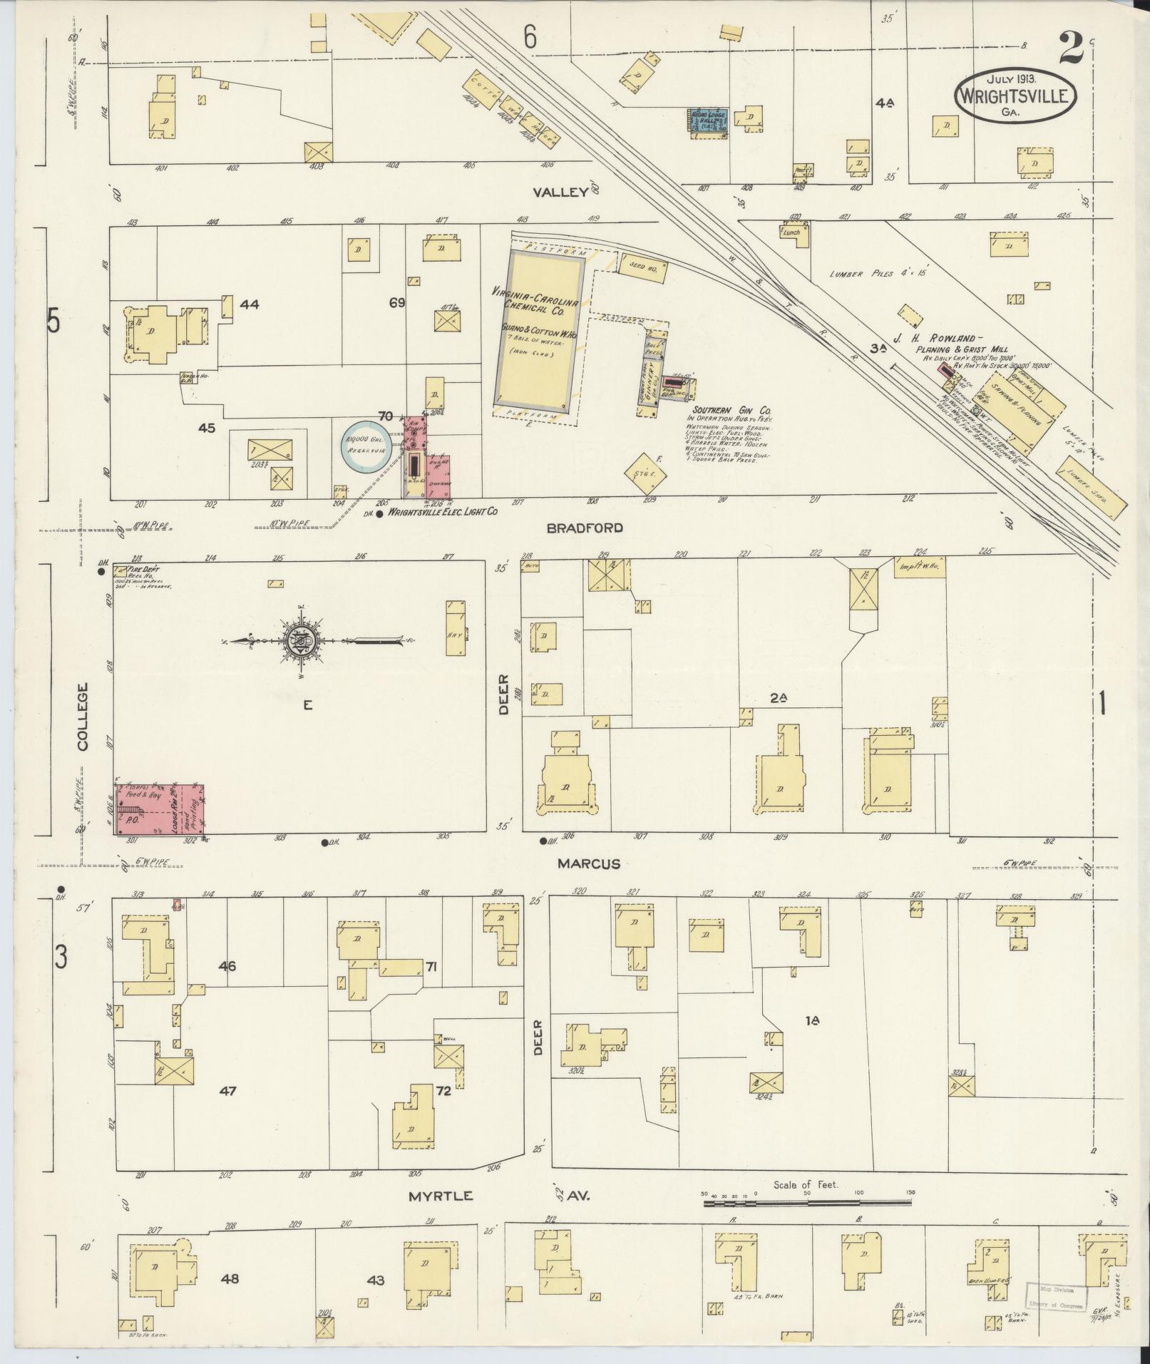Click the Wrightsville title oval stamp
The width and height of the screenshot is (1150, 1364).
pyautogui.click(x=1015, y=95)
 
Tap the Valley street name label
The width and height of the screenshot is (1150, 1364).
pyautogui.click(x=562, y=192)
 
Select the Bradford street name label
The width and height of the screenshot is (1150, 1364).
pyautogui.click(x=585, y=528)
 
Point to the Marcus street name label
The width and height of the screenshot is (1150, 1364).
pyautogui.click(x=588, y=863)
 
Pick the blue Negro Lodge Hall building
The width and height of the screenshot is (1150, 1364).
pyautogui.click(x=706, y=120)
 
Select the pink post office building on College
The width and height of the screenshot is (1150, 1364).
pyautogui.click(x=161, y=809)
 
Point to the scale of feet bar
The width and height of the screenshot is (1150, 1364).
pyautogui.click(x=807, y=1204)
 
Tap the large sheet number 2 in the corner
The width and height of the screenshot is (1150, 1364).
pyautogui.click(x=1070, y=48)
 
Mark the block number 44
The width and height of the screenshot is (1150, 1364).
pyautogui.click(x=249, y=304)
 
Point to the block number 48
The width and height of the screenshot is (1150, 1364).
pyautogui.click(x=230, y=1279)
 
